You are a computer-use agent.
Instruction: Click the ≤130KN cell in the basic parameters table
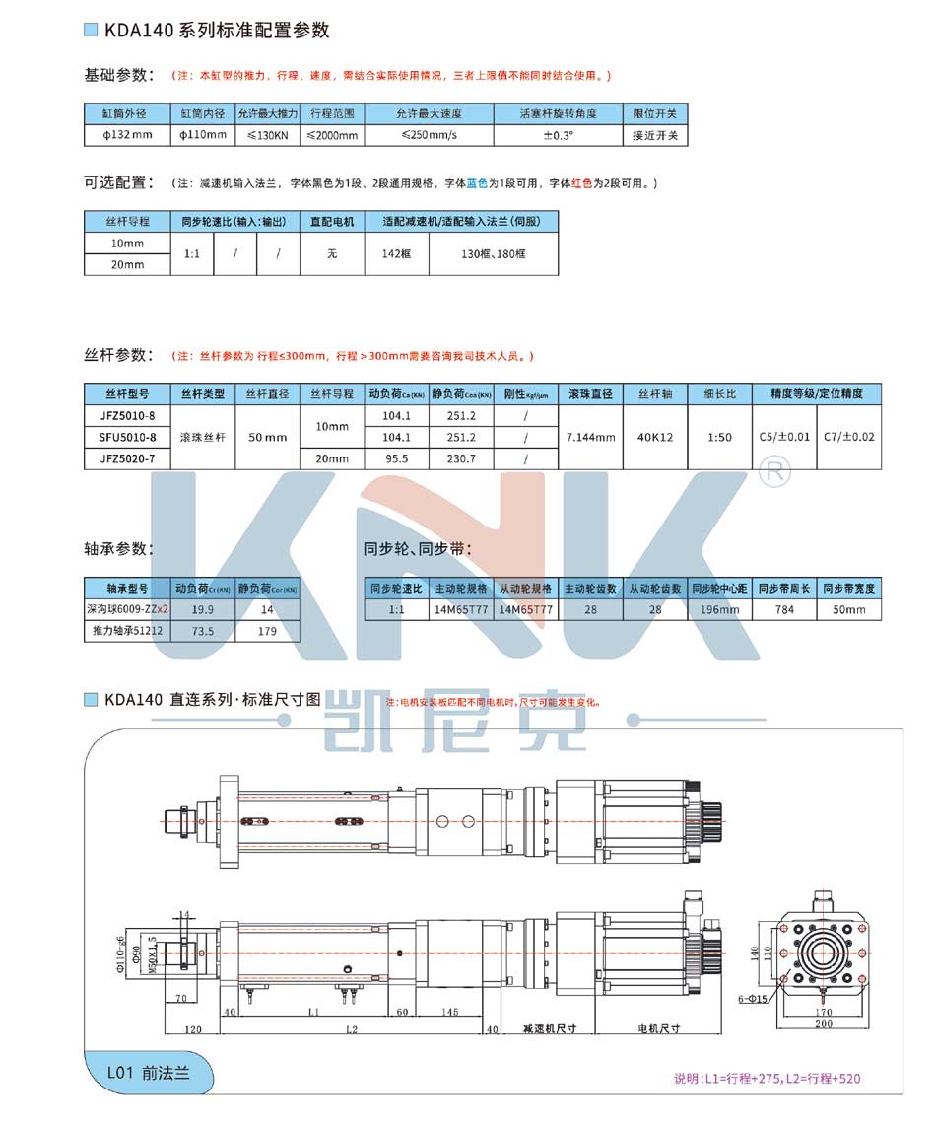point(266,135)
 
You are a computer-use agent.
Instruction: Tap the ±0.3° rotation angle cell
point(558,135)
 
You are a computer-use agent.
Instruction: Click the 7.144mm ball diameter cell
point(592,437)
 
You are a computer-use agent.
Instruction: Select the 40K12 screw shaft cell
point(655,437)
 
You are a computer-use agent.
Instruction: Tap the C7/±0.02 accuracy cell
point(848,437)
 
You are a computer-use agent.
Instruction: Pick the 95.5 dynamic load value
point(396,458)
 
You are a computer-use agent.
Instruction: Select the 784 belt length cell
point(784,610)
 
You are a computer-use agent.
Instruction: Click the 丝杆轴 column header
point(655,394)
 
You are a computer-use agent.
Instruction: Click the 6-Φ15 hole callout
point(754,1000)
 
